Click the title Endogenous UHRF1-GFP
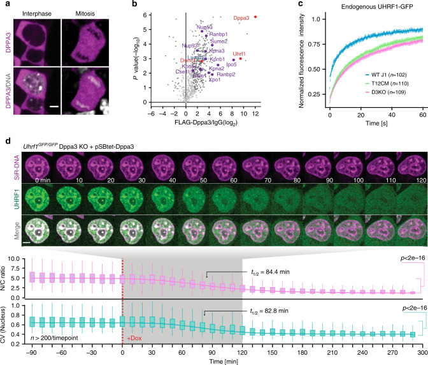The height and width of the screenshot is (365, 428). pyautogui.click(x=363, y=6)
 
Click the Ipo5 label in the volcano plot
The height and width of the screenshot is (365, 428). pyautogui.click(x=232, y=64)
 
